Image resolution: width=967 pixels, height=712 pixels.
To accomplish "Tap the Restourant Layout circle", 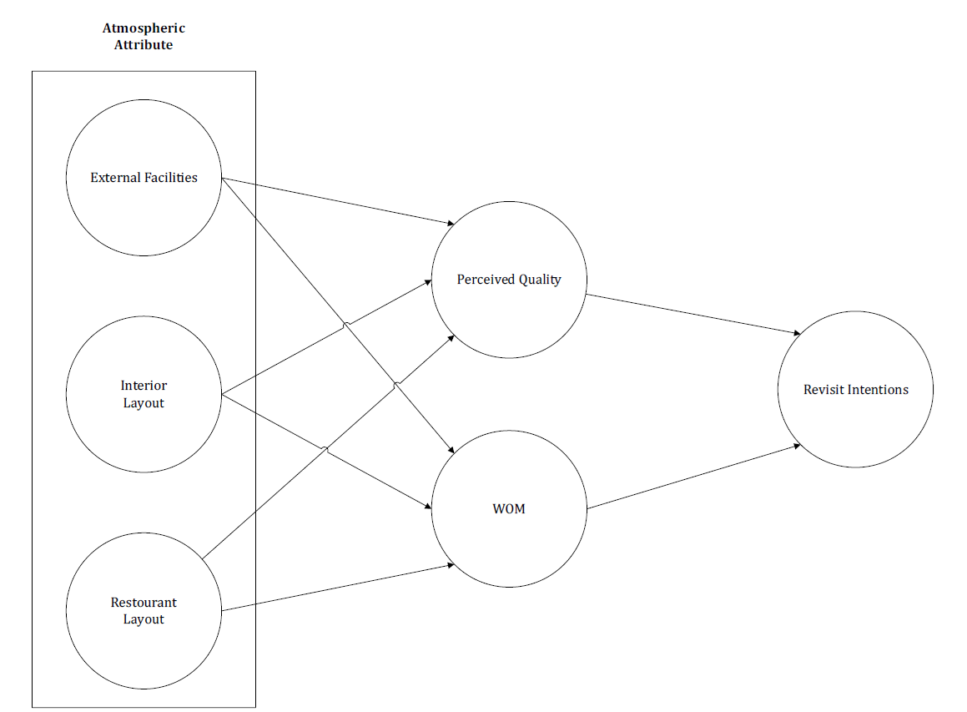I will (144, 643).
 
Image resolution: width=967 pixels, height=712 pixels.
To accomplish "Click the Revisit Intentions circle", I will (855, 417).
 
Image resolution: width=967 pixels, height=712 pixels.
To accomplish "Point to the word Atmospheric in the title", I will (144, 28).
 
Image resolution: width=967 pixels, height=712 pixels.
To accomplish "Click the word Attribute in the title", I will (144, 45).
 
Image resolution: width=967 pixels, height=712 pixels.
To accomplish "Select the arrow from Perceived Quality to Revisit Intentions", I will (693, 314).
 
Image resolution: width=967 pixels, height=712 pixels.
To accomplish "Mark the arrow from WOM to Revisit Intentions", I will (693, 477).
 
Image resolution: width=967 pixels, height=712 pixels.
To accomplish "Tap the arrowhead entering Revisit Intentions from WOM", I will (797, 446).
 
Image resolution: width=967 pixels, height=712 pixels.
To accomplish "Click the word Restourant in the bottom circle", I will (144, 603).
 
